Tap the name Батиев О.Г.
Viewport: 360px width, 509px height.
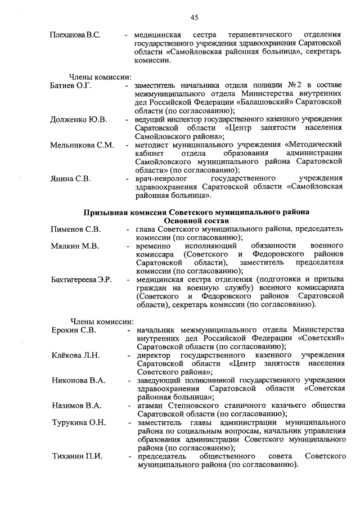point(70,85)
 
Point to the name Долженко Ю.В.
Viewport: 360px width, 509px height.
point(78,120)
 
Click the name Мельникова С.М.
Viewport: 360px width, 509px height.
point(82,145)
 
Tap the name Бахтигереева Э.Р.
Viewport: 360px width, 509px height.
point(81,280)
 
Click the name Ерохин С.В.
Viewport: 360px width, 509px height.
point(73,330)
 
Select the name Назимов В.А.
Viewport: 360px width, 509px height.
point(76,406)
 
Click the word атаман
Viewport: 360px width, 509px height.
point(149,406)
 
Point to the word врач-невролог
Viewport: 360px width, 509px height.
point(161,179)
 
